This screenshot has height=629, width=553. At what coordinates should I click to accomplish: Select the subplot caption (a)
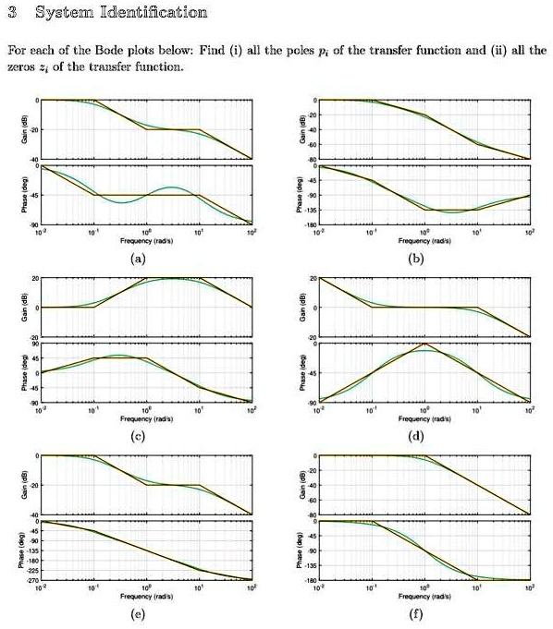click(139, 260)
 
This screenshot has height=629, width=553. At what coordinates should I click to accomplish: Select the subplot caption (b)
click(417, 260)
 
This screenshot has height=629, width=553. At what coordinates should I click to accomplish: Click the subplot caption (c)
click(139, 437)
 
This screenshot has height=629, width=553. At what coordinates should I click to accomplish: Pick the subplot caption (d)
click(417, 437)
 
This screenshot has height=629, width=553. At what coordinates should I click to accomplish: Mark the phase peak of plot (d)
click(424, 344)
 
